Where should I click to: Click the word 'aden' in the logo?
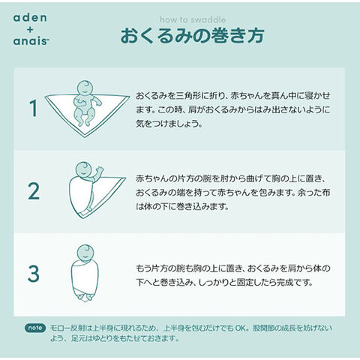coord(30,18)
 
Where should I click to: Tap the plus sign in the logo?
coord(30,30)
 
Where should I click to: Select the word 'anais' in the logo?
coord(31,41)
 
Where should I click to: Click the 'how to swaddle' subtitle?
coord(193,19)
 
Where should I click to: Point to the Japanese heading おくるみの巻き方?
coord(193,36)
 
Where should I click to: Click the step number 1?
coord(34,108)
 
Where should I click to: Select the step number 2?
coord(34,191)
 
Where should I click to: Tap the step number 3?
coord(34,274)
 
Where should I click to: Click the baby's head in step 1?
coord(85,88)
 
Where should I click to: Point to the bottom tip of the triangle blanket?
coord(85,137)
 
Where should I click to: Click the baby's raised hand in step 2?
coord(99,170)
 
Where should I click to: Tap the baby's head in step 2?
coord(84,169)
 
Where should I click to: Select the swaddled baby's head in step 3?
coord(85,253)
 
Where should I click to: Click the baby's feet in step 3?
coord(85,298)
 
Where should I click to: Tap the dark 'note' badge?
coord(35,328)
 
